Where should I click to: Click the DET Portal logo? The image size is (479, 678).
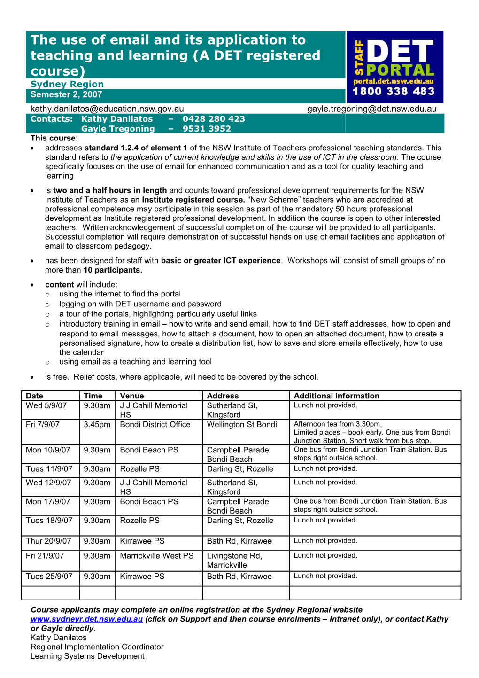(x=394, y=67)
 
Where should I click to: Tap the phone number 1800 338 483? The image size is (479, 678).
(x=394, y=92)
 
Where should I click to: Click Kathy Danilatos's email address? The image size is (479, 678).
(x=107, y=109)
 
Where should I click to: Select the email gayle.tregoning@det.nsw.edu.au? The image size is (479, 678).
(x=371, y=109)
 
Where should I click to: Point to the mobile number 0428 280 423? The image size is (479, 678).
(x=214, y=119)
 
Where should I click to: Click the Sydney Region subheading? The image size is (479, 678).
(x=67, y=84)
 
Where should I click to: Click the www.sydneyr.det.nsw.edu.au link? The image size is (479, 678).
(x=86, y=619)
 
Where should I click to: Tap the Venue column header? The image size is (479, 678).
(x=132, y=396)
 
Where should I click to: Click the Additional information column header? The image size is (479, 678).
(x=336, y=396)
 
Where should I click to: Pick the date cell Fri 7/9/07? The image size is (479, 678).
(x=43, y=425)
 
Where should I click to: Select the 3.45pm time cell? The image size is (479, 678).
(x=97, y=425)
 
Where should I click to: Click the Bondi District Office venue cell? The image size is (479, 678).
(x=155, y=425)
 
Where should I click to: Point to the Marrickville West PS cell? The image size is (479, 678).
(x=156, y=556)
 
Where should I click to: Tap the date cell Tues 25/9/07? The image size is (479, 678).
(x=49, y=577)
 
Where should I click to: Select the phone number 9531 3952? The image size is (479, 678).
(x=207, y=129)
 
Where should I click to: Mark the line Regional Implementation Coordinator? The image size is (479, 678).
(x=97, y=647)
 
